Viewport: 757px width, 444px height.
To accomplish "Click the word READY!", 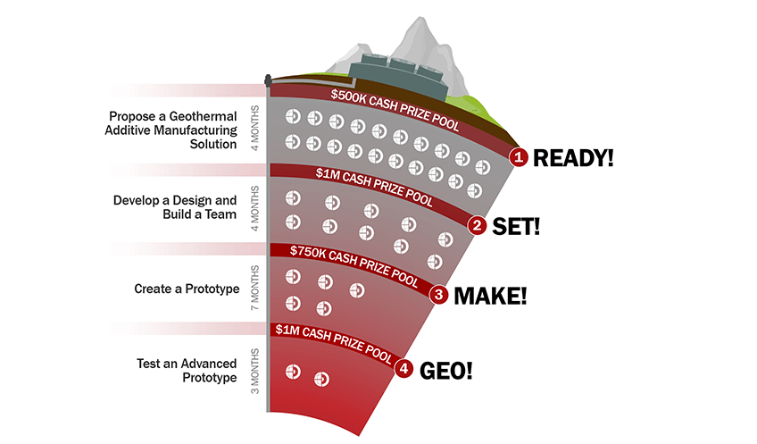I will pyautogui.click(x=573, y=158).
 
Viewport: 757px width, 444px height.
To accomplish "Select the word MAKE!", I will pyautogui.click(x=490, y=295).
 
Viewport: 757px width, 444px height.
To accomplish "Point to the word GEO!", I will pyautogui.click(x=445, y=369).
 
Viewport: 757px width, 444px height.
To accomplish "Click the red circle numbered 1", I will pyautogui.click(x=519, y=157).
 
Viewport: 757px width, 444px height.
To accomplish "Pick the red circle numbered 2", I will pyautogui.click(x=478, y=226).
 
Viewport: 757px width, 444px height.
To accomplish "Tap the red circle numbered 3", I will pyautogui.click(x=438, y=294).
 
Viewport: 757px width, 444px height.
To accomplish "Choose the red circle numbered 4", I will pyautogui.click(x=404, y=368).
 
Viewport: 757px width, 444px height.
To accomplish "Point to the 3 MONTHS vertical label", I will pyautogui.click(x=255, y=370).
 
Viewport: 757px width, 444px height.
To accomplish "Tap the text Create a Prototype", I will pyautogui.click(x=187, y=289).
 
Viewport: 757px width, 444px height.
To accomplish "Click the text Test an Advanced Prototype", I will pyautogui.click(x=187, y=370).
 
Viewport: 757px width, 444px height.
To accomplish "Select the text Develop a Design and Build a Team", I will pyautogui.click(x=175, y=207).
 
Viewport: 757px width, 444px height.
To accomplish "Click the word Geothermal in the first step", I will pyautogui.click(x=206, y=116).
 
